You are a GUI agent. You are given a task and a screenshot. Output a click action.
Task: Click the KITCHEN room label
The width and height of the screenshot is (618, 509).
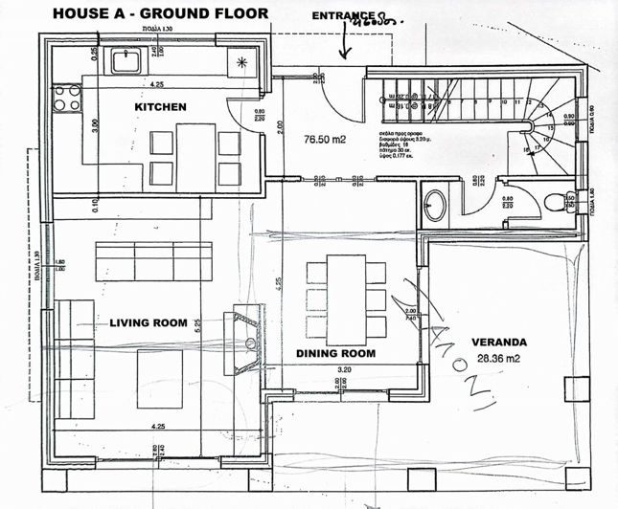[x=160, y=106]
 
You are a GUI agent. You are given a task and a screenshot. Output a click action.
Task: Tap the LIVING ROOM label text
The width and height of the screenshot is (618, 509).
[x=148, y=323]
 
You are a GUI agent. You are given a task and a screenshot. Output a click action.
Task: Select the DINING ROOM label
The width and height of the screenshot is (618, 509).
[x=334, y=353]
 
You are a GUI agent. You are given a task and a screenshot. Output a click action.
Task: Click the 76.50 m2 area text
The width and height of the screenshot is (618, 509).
[x=325, y=139]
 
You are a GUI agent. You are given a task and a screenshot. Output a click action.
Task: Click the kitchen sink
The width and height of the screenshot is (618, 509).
[x=126, y=59]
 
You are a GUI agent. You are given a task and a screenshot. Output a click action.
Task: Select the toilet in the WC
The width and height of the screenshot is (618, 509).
[x=555, y=201]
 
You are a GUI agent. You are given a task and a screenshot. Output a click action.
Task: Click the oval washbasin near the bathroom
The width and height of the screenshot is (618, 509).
[x=436, y=204]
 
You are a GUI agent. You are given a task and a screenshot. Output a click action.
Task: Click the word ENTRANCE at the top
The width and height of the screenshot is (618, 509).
[x=342, y=16]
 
